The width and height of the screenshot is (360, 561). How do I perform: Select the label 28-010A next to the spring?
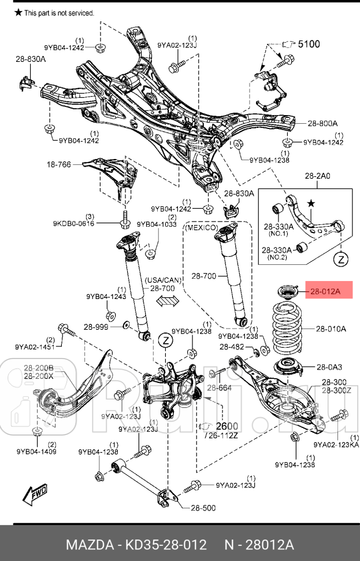331,329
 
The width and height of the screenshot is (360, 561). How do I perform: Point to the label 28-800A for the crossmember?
322,123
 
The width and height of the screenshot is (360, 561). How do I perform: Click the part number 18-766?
59,165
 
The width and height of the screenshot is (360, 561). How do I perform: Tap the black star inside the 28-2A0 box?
311,204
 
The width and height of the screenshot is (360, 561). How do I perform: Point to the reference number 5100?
309,43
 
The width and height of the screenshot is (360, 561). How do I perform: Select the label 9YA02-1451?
36,348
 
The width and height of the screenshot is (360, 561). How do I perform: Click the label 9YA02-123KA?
336,445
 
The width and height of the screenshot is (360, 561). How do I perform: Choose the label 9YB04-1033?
156,224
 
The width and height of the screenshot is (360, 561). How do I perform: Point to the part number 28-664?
219,388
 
